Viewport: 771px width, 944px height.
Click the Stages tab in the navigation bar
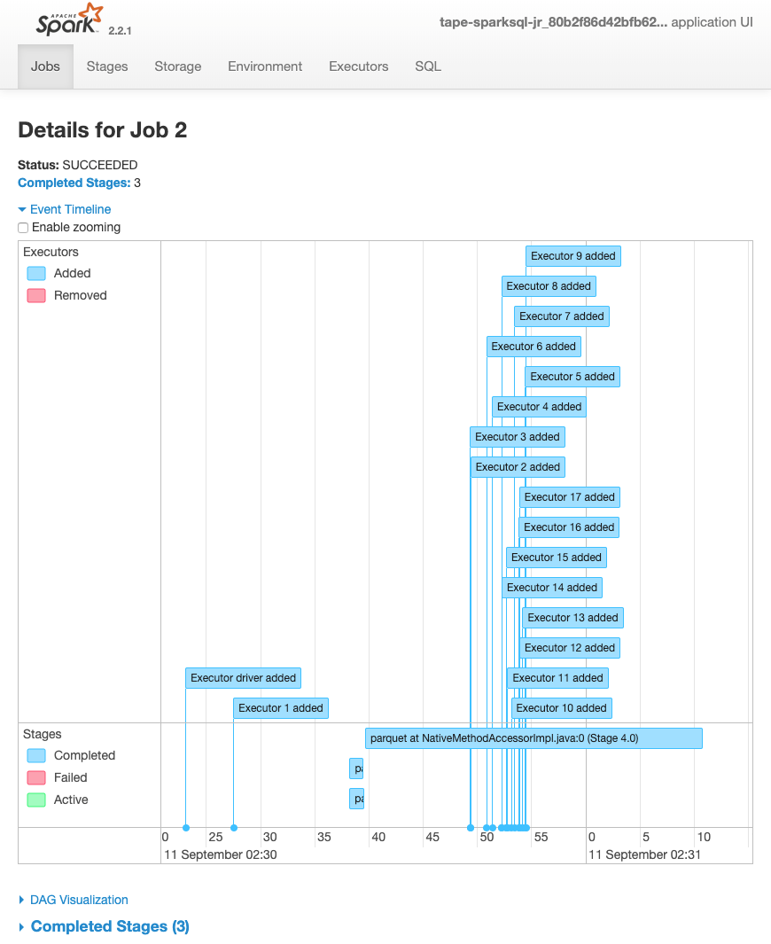pyautogui.click(x=107, y=66)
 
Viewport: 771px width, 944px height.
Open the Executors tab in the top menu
pyautogui.click(x=358, y=66)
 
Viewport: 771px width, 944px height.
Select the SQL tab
pyautogui.click(x=428, y=66)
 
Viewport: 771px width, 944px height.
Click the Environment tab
pyautogui.click(x=265, y=66)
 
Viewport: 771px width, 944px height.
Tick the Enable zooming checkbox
pyautogui.click(x=24, y=228)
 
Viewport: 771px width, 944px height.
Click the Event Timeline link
pyautogui.click(x=70, y=209)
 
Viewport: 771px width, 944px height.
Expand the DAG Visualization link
pyautogui.click(x=79, y=900)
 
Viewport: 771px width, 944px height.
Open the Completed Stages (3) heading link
pyautogui.click(x=110, y=926)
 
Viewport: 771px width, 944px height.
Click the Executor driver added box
pyautogui.click(x=244, y=678)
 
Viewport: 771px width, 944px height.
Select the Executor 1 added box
pyautogui.click(x=281, y=708)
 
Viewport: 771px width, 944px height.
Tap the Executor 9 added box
pyautogui.click(x=572, y=256)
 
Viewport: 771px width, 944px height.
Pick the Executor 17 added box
pyautogui.click(x=569, y=497)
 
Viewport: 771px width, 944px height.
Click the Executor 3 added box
pyautogui.click(x=517, y=437)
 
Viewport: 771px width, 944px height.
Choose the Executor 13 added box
pyautogui.click(x=572, y=618)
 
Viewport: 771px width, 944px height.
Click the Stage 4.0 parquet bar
pyautogui.click(x=533, y=738)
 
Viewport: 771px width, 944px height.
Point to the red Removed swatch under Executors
pyautogui.click(x=36, y=296)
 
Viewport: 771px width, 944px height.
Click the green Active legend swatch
pyautogui.click(x=36, y=800)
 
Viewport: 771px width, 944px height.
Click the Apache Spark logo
pyautogui.click(x=69, y=20)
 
